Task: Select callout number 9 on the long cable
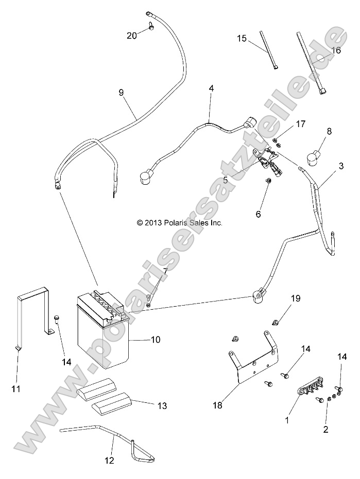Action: (x=121, y=93)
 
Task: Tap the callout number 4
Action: (x=211, y=88)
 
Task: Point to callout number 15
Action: (x=242, y=39)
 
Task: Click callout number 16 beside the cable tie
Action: (x=336, y=50)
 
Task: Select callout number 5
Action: (x=225, y=181)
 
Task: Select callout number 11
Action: (x=16, y=388)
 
